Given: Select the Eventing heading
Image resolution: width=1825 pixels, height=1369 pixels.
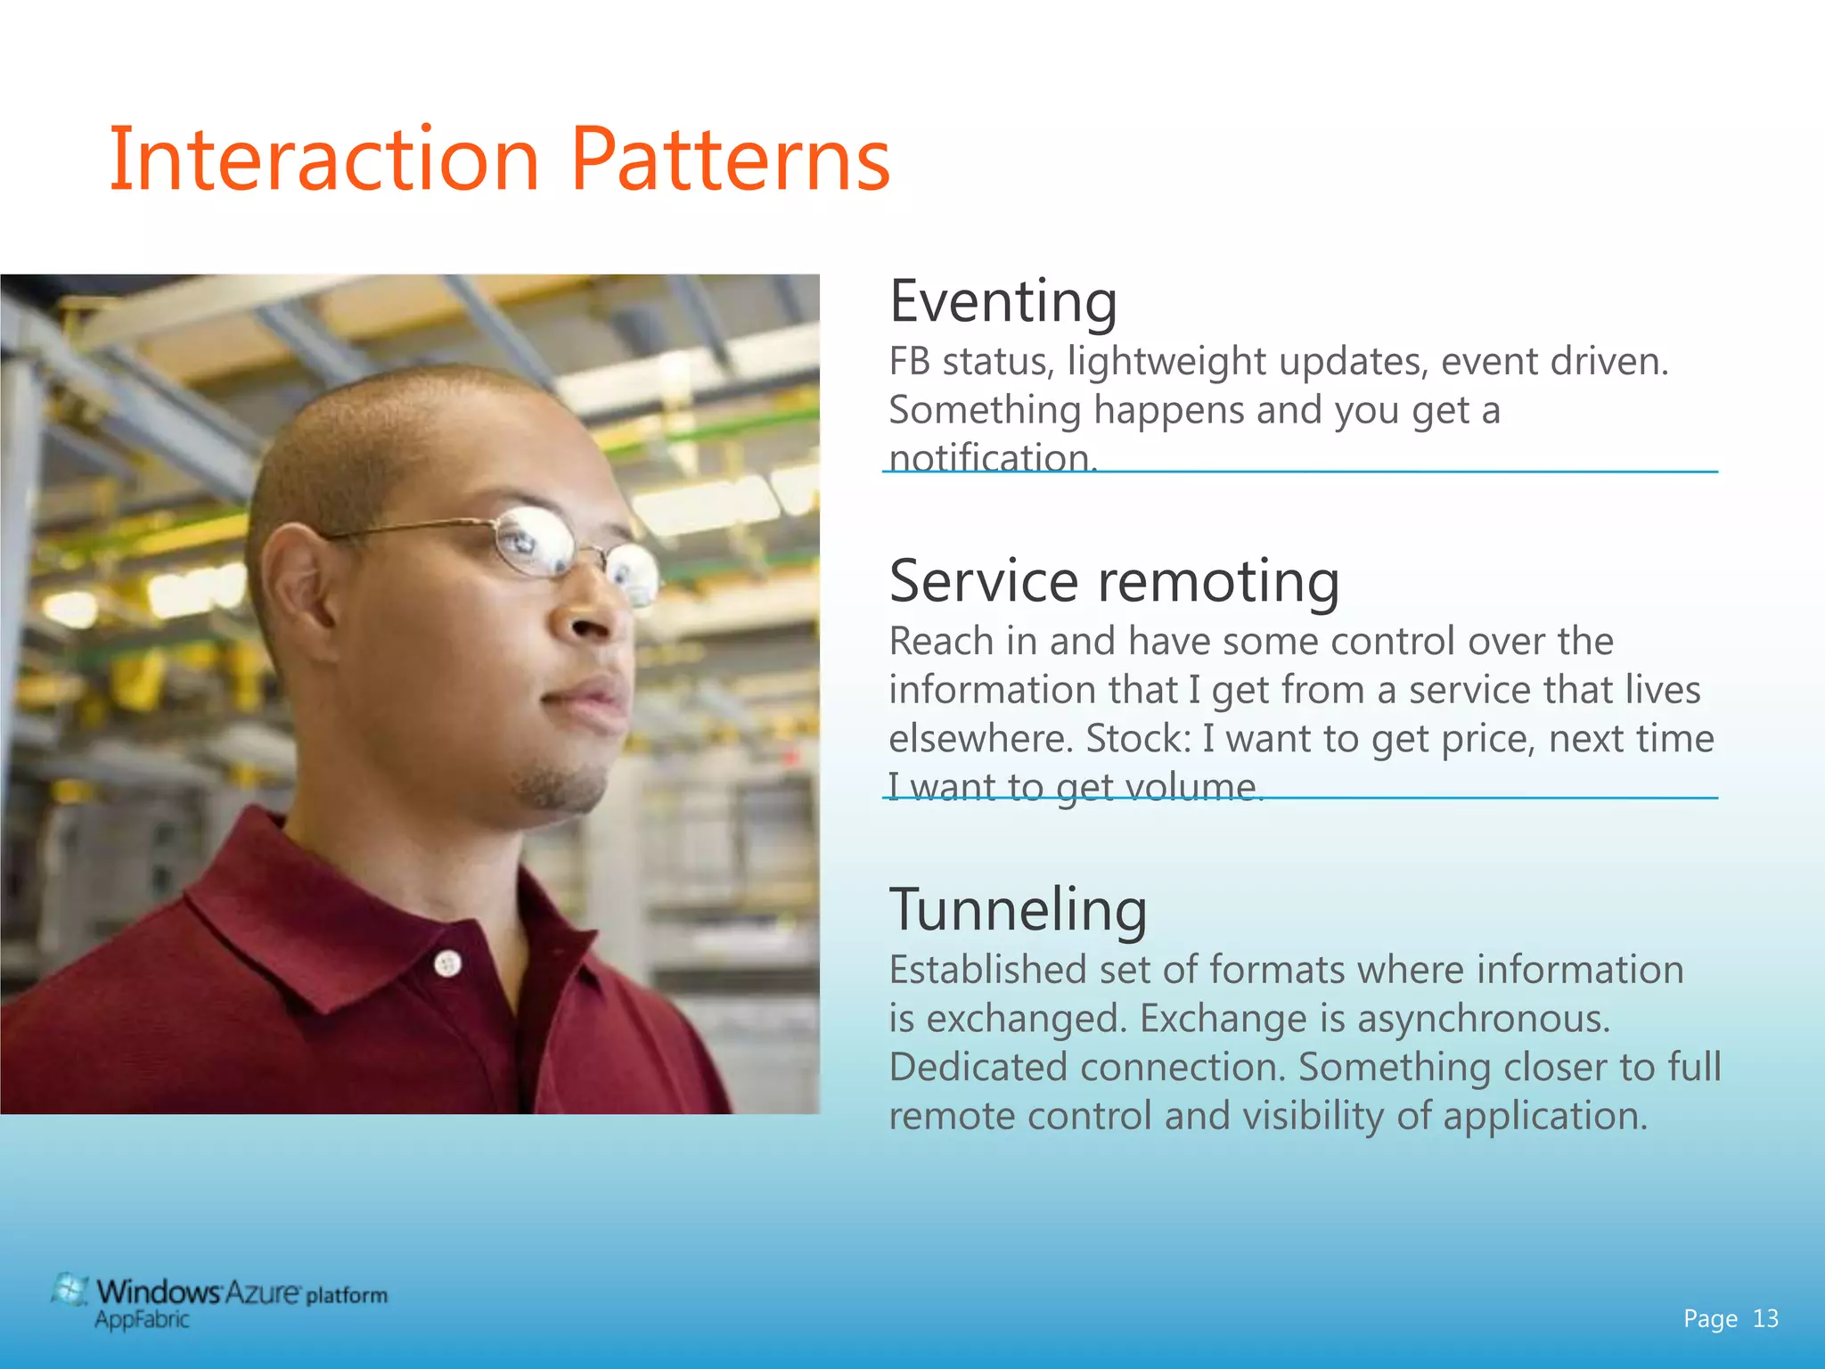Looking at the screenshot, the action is point(1003,303).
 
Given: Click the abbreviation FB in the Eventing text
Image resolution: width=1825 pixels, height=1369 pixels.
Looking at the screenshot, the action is point(909,362).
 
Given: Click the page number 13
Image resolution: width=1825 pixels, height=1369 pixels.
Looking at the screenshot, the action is point(1765,1319).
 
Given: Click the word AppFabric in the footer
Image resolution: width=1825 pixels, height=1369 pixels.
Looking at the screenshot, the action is point(143,1320).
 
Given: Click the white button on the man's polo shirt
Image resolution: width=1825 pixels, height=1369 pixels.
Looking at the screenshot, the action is point(447,963).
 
